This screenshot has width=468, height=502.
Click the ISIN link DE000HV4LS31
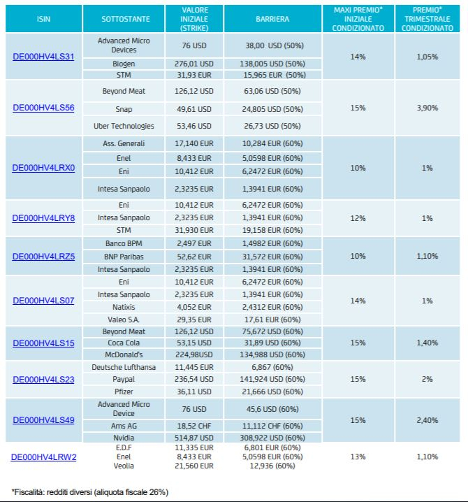(x=43, y=57)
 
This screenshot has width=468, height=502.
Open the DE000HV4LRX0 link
(x=43, y=168)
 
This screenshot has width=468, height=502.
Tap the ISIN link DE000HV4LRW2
(x=43, y=457)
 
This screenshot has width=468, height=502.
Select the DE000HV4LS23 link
(x=43, y=380)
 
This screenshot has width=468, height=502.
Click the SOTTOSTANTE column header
(x=126, y=19)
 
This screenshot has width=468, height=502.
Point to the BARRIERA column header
(x=272, y=19)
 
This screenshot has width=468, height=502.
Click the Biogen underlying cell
(x=124, y=64)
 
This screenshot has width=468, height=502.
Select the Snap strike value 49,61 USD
(x=194, y=109)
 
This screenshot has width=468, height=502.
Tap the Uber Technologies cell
(x=124, y=126)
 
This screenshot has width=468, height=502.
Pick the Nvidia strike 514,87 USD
(x=194, y=438)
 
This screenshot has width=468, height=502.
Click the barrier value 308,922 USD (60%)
(x=272, y=438)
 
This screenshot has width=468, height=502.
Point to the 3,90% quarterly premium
(x=427, y=108)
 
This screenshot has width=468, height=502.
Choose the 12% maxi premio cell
(x=358, y=218)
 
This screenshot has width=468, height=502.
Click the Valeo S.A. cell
(x=124, y=320)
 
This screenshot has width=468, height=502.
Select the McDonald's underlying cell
(x=124, y=354)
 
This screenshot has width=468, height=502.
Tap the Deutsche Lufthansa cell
(x=124, y=367)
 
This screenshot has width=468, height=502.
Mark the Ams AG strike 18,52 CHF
(x=194, y=426)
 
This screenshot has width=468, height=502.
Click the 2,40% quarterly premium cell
(x=427, y=420)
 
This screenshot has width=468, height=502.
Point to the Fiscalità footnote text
(x=90, y=492)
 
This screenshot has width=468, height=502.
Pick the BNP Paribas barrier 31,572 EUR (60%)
(x=272, y=257)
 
